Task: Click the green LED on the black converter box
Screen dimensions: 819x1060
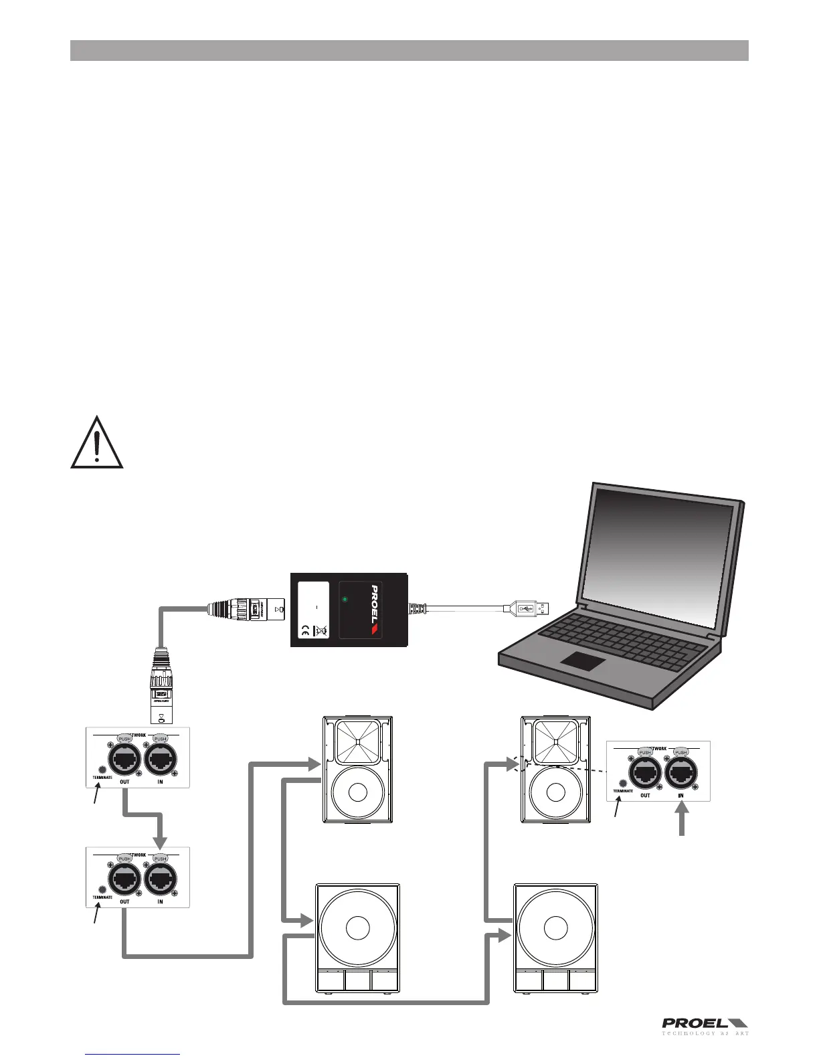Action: click(x=345, y=600)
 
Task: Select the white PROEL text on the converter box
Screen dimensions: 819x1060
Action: click(x=374, y=604)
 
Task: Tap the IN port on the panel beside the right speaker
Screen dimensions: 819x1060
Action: click(x=680, y=771)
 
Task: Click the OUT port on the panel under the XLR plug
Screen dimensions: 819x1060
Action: click(x=124, y=758)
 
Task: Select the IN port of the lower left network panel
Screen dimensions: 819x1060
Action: click(x=160, y=878)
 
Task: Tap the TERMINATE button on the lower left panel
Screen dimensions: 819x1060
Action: click(x=102, y=889)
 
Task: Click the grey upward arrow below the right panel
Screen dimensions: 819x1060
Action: click(x=682, y=819)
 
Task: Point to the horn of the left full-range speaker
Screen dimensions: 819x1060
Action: click(x=358, y=741)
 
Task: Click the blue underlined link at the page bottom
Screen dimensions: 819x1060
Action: click(x=133, y=1054)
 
